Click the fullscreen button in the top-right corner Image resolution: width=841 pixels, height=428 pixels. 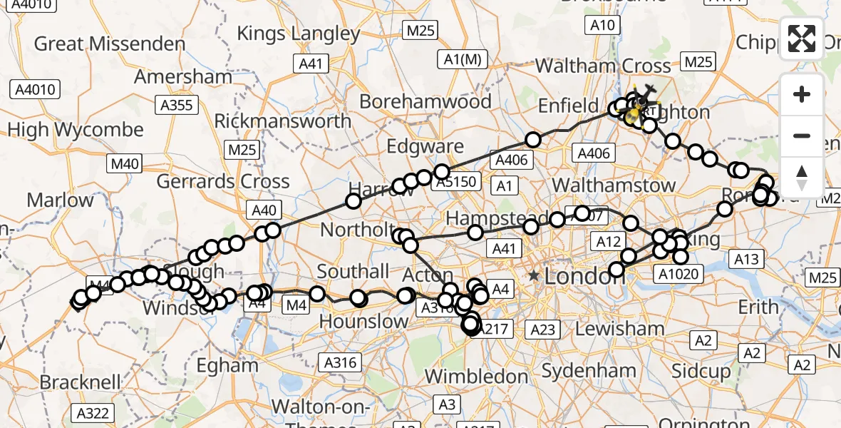[802, 39]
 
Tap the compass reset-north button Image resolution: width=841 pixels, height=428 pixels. [802, 178]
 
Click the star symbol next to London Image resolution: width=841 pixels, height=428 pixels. [534, 275]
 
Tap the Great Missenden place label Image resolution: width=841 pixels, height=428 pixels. [110, 44]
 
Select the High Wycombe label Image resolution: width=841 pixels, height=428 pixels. [75, 131]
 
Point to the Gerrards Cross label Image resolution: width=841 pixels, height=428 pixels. [223, 181]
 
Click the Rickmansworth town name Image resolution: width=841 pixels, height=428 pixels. [282, 120]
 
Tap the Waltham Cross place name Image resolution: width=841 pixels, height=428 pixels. [603, 66]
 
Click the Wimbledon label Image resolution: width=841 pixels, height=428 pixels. [476, 376]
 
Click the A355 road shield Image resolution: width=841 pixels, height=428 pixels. [176, 106]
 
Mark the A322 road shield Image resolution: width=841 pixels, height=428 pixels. [93, 412]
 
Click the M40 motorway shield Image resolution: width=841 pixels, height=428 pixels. [125, 164]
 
